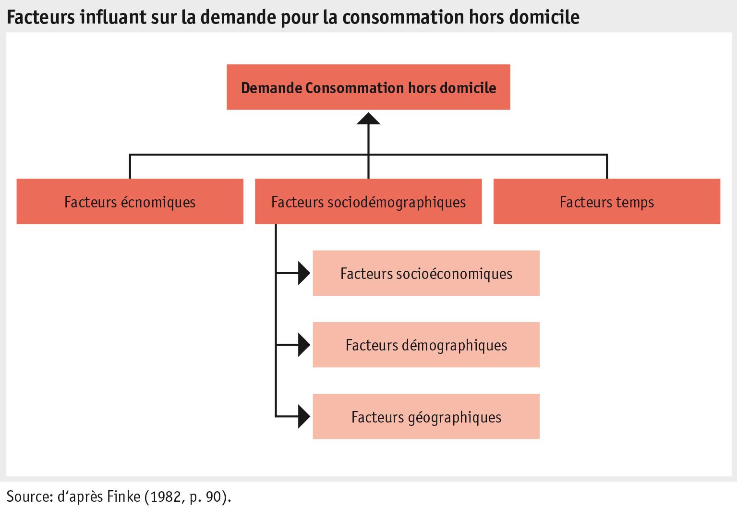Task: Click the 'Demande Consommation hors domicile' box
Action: tap(368, 87)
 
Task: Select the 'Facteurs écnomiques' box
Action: tap(130, 202)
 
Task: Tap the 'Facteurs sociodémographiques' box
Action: tap(368, 202)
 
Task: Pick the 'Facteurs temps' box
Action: tap(607, 202)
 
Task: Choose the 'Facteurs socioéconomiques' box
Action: tap(426, 273)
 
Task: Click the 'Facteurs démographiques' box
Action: tap(426, 345)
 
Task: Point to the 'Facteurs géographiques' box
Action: tap(426, 417)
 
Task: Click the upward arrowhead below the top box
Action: tap(368, 118)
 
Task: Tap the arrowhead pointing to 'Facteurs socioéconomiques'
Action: tap(304, 273)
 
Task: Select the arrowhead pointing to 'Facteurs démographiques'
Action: tap(304, 345)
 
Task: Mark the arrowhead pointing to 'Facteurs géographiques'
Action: tap(304, 416)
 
